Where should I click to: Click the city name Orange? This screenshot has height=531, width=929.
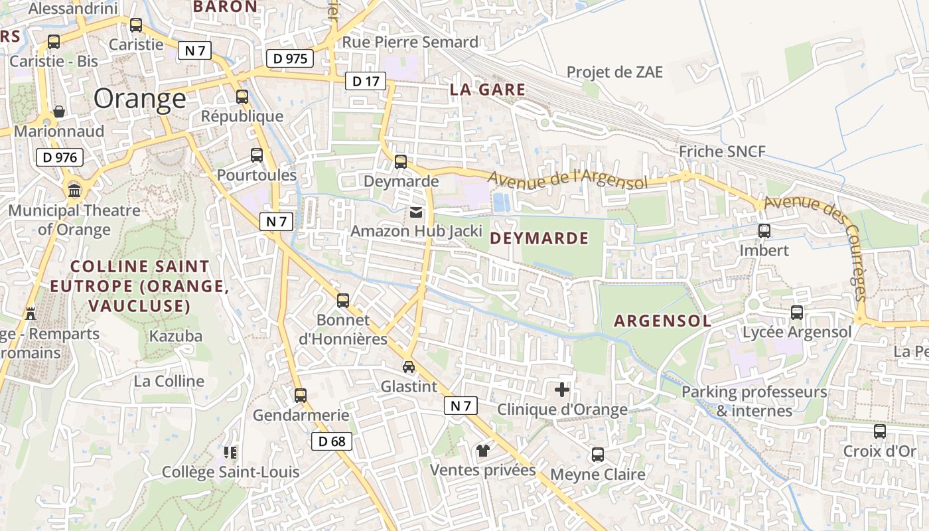140,99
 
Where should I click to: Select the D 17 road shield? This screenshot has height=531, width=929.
365,82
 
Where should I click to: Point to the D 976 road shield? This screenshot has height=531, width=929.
60,157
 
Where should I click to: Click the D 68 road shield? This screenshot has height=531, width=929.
331,441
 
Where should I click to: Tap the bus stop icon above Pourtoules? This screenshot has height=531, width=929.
257,155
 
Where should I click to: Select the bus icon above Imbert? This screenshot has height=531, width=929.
764,231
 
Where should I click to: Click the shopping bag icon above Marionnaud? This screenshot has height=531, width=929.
59,111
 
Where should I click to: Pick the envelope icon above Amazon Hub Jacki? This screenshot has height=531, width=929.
416,212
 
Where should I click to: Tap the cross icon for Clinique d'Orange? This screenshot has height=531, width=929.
562,390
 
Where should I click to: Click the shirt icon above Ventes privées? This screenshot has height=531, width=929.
482,451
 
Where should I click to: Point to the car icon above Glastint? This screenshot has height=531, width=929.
409,366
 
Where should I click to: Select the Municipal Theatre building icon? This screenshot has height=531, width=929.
74,191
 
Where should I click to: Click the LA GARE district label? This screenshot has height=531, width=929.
488,90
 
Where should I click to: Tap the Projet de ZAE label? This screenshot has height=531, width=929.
614,72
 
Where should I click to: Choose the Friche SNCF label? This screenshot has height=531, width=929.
722,151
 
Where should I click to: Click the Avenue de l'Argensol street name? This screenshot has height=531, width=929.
567,179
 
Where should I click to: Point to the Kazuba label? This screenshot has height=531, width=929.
176,336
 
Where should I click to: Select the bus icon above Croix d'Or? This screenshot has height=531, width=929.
880,431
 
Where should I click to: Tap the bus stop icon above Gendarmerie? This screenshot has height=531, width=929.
301,396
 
